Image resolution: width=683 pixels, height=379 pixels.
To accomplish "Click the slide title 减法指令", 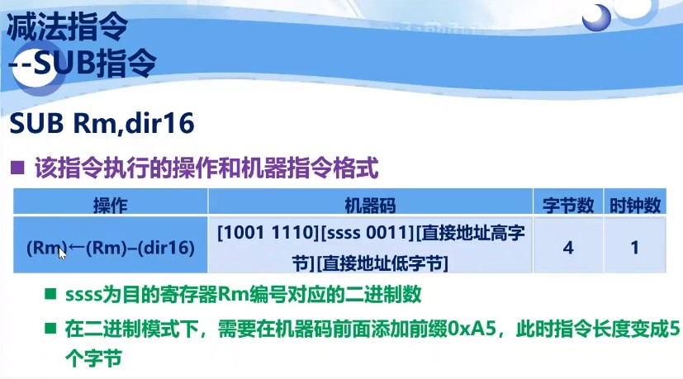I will point(67,27).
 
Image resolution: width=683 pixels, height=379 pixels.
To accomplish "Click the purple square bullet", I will point(17,170).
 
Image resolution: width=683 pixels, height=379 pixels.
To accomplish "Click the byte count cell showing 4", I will point(569,246).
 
